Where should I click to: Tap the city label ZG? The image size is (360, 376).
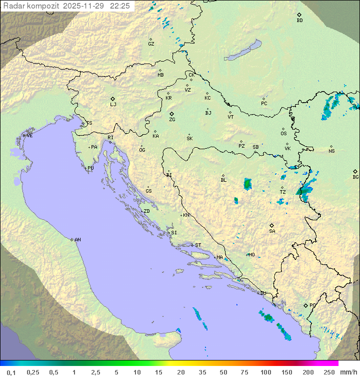[x=172, y=120]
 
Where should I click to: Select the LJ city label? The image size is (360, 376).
[x=113, y=105]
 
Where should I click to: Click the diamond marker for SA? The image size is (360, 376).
[x=272, y=225]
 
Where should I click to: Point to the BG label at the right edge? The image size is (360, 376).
[x=355, y=177]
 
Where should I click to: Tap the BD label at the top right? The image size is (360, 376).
[x=299, y=21]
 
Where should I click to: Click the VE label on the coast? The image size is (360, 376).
[x=29, y=136]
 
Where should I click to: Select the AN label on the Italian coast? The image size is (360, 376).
[x=77, y=240]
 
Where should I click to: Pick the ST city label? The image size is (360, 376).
[x=198, y=245]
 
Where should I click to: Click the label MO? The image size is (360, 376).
[x=251, y=255]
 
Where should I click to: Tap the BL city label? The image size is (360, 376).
[x=223, y=180]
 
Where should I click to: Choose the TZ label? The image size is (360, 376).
[x=282, y=192]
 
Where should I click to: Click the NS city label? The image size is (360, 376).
[x=331, y=151]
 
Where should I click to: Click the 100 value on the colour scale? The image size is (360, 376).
[x=265, y=372]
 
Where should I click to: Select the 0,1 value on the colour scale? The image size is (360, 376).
[x=11, y=372]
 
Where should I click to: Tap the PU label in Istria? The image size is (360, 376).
[x=90, y=168]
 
